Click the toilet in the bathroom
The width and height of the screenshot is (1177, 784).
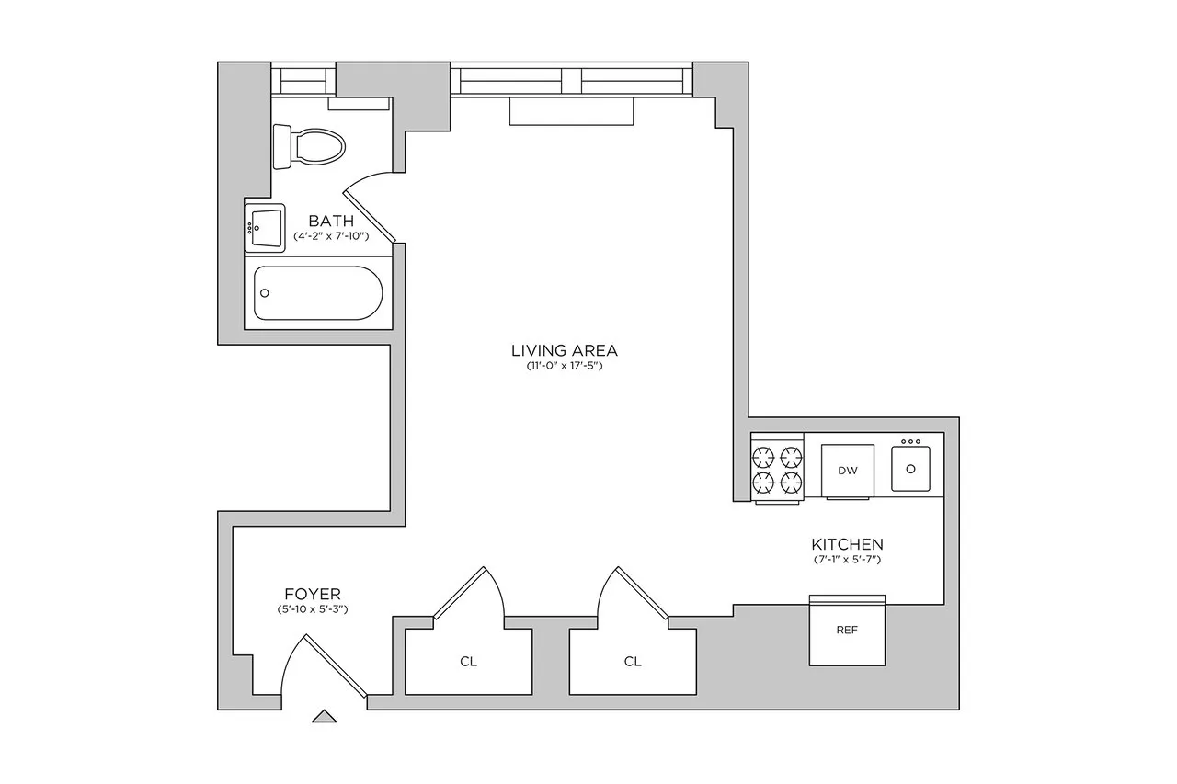click(x=310, y=146)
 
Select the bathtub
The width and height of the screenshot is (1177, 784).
click(x=317, y=293)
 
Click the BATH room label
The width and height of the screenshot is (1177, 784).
click(x=331, y=221)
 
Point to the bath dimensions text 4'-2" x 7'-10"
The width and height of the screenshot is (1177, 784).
click(x=331, y=236)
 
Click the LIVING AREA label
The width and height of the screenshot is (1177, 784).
click(x=565, y=350)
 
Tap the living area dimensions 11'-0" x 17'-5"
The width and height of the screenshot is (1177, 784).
click(x=565, y=367)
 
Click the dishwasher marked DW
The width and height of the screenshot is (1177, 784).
click(x=848, y=471)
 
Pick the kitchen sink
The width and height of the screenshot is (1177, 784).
click(x=910, y=468)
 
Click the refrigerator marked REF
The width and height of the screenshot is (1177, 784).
click(x=847, y=631)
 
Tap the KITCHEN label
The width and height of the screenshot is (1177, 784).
click(x=847, y=544)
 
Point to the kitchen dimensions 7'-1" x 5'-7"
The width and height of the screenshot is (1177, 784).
click(x=847, y=560)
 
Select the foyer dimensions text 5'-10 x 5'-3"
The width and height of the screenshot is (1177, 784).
click(x=313, y=609)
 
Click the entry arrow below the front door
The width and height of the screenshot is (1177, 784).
click(x=324, y=716)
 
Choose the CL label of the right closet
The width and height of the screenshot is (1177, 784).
click(x=633, y=661)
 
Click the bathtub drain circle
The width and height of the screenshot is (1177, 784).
click(x=266, y=293)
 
